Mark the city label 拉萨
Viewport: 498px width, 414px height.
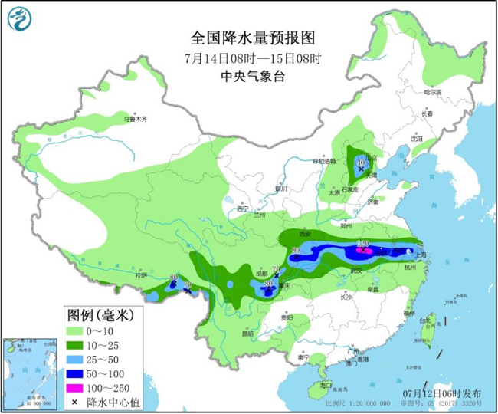click(140, 274)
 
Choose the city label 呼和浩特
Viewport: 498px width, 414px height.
click(323, 162)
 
